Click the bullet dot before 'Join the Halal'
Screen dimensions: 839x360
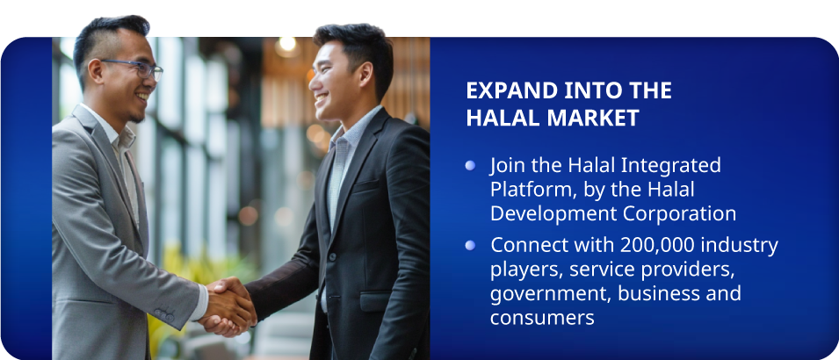click(x=470, y=165)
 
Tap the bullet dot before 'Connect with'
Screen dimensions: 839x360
click(x=470, y=245)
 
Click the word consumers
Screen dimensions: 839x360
click(x=543, y=319)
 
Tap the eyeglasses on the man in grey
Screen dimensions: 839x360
click(x=134, y=68)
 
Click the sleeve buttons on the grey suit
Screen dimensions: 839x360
click(x=164, y=314)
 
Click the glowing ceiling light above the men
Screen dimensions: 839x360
click(x=288, y=45)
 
